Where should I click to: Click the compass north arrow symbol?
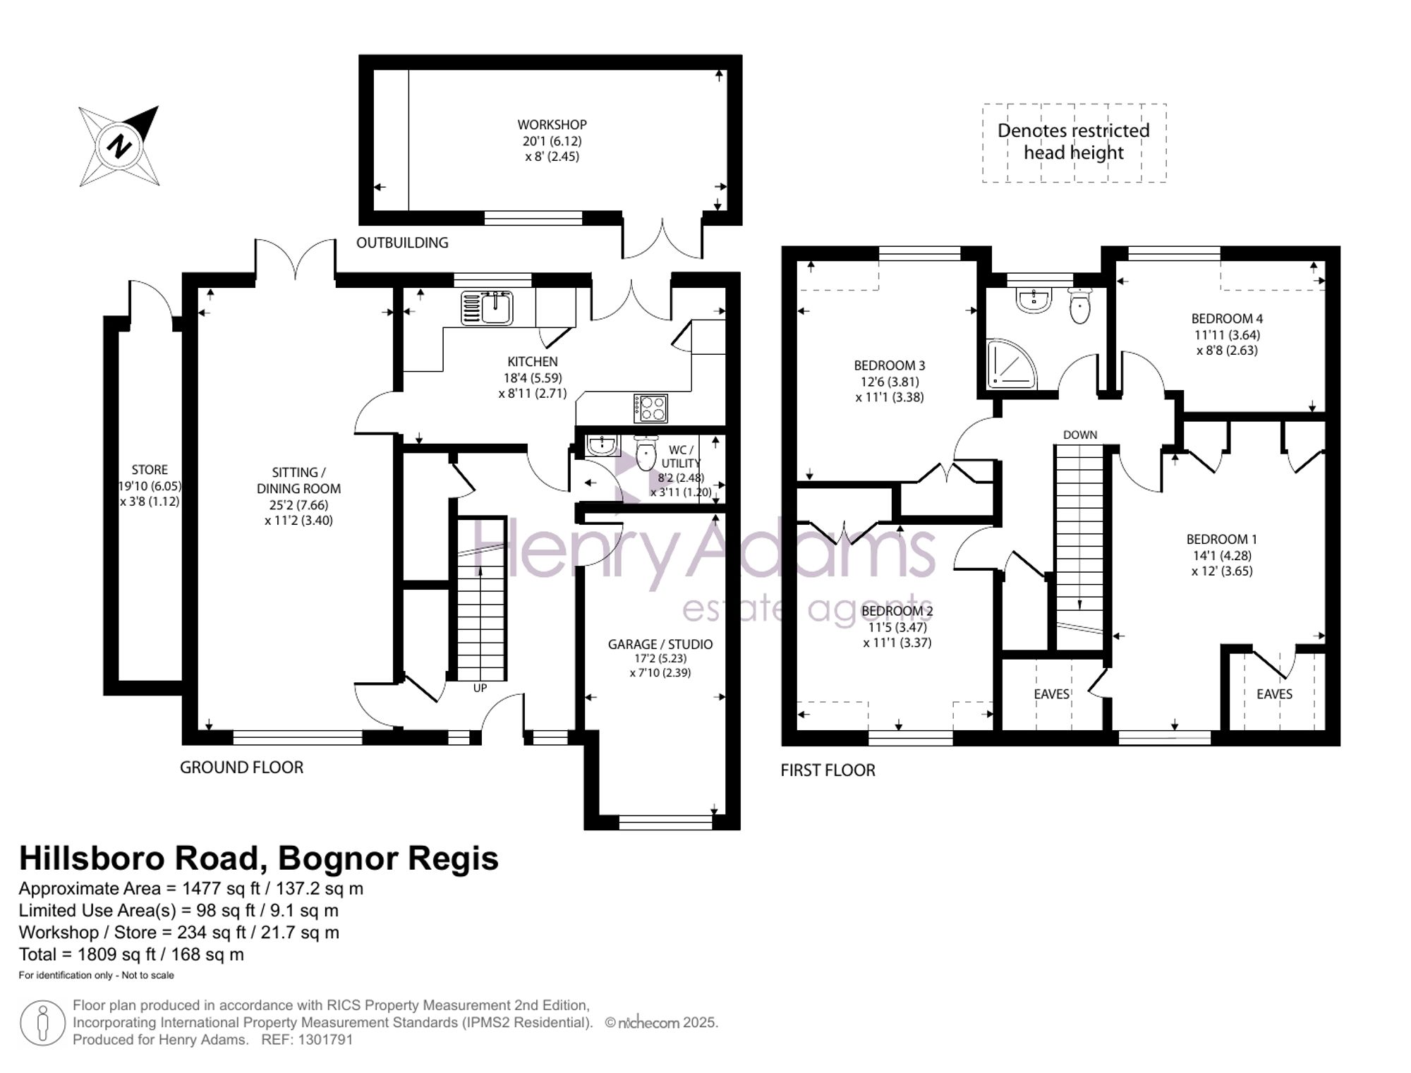pyautogui.click(x=119, y=146)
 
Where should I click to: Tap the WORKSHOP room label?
pyautogui.click(x=552, y=125)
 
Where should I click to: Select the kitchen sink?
pyautogui.click(x=487, y=308)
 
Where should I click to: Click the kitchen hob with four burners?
pyautogui.click(x=650, y=408)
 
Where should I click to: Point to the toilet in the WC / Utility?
pyautogui.click(x=646, y=453)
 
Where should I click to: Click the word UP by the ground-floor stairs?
pyautogui.click(x=480, y=688)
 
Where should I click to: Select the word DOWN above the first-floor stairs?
pyautogui.click(x=1080, y=435)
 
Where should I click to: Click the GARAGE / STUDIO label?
pyautogui.click(x=660, y=644)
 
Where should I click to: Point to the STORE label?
pyautogui.click(x=150, y=470)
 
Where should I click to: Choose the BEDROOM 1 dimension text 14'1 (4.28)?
pyautogui.click(x=1222, y=555)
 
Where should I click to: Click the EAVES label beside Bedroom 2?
pyautogui.click(x=1052, y=694)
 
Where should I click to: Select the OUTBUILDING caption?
pyautogui.click(x=402, y=243)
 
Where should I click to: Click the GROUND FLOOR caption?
pyautogui.click(x=241, y=768)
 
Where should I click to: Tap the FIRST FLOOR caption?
pyautogui.click(x=828, y=770)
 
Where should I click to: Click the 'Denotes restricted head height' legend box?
pyautogui.click(x=1074, y=143)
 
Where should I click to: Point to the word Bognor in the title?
pyautogui.click(x=332, y=859)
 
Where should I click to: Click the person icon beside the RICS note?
pyautogui.click(x=42, y=1023)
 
